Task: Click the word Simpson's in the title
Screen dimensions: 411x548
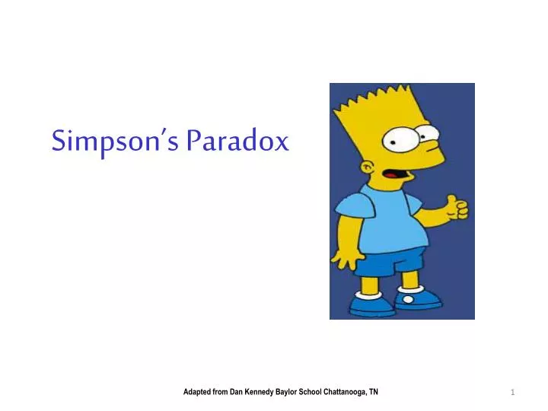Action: (x=116, y=142)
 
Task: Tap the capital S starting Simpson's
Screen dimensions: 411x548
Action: (x=58, y=141)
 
